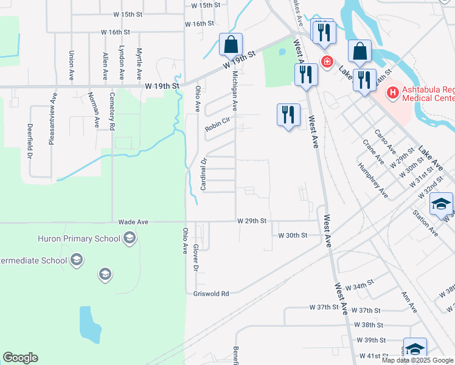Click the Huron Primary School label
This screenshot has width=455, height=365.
(x=78, y=238)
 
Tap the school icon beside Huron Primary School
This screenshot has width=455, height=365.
(x=129, y=239)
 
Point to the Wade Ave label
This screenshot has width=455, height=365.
(x=133, y=222)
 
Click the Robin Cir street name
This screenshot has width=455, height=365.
(x=218, y=125)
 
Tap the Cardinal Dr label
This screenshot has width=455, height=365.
(x=204, y=173)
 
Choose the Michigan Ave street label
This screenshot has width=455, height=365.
(x=234, y=90)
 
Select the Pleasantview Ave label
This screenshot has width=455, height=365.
(x=52, y=119)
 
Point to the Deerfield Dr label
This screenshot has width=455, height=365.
(x=29, y=141)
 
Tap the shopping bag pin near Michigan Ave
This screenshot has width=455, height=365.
(x=231, y=44)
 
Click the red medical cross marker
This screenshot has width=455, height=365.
(x=327, y=61)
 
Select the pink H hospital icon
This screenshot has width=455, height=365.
(x=393, y=93)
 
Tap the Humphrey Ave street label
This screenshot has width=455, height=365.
(x=373, y=180)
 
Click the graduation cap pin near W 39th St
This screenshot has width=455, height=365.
(x=414, y=349)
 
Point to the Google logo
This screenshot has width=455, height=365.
(x=20, y=358)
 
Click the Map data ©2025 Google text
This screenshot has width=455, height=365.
(x=417, y=360)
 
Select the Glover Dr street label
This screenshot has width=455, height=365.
(x=196, y=258)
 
